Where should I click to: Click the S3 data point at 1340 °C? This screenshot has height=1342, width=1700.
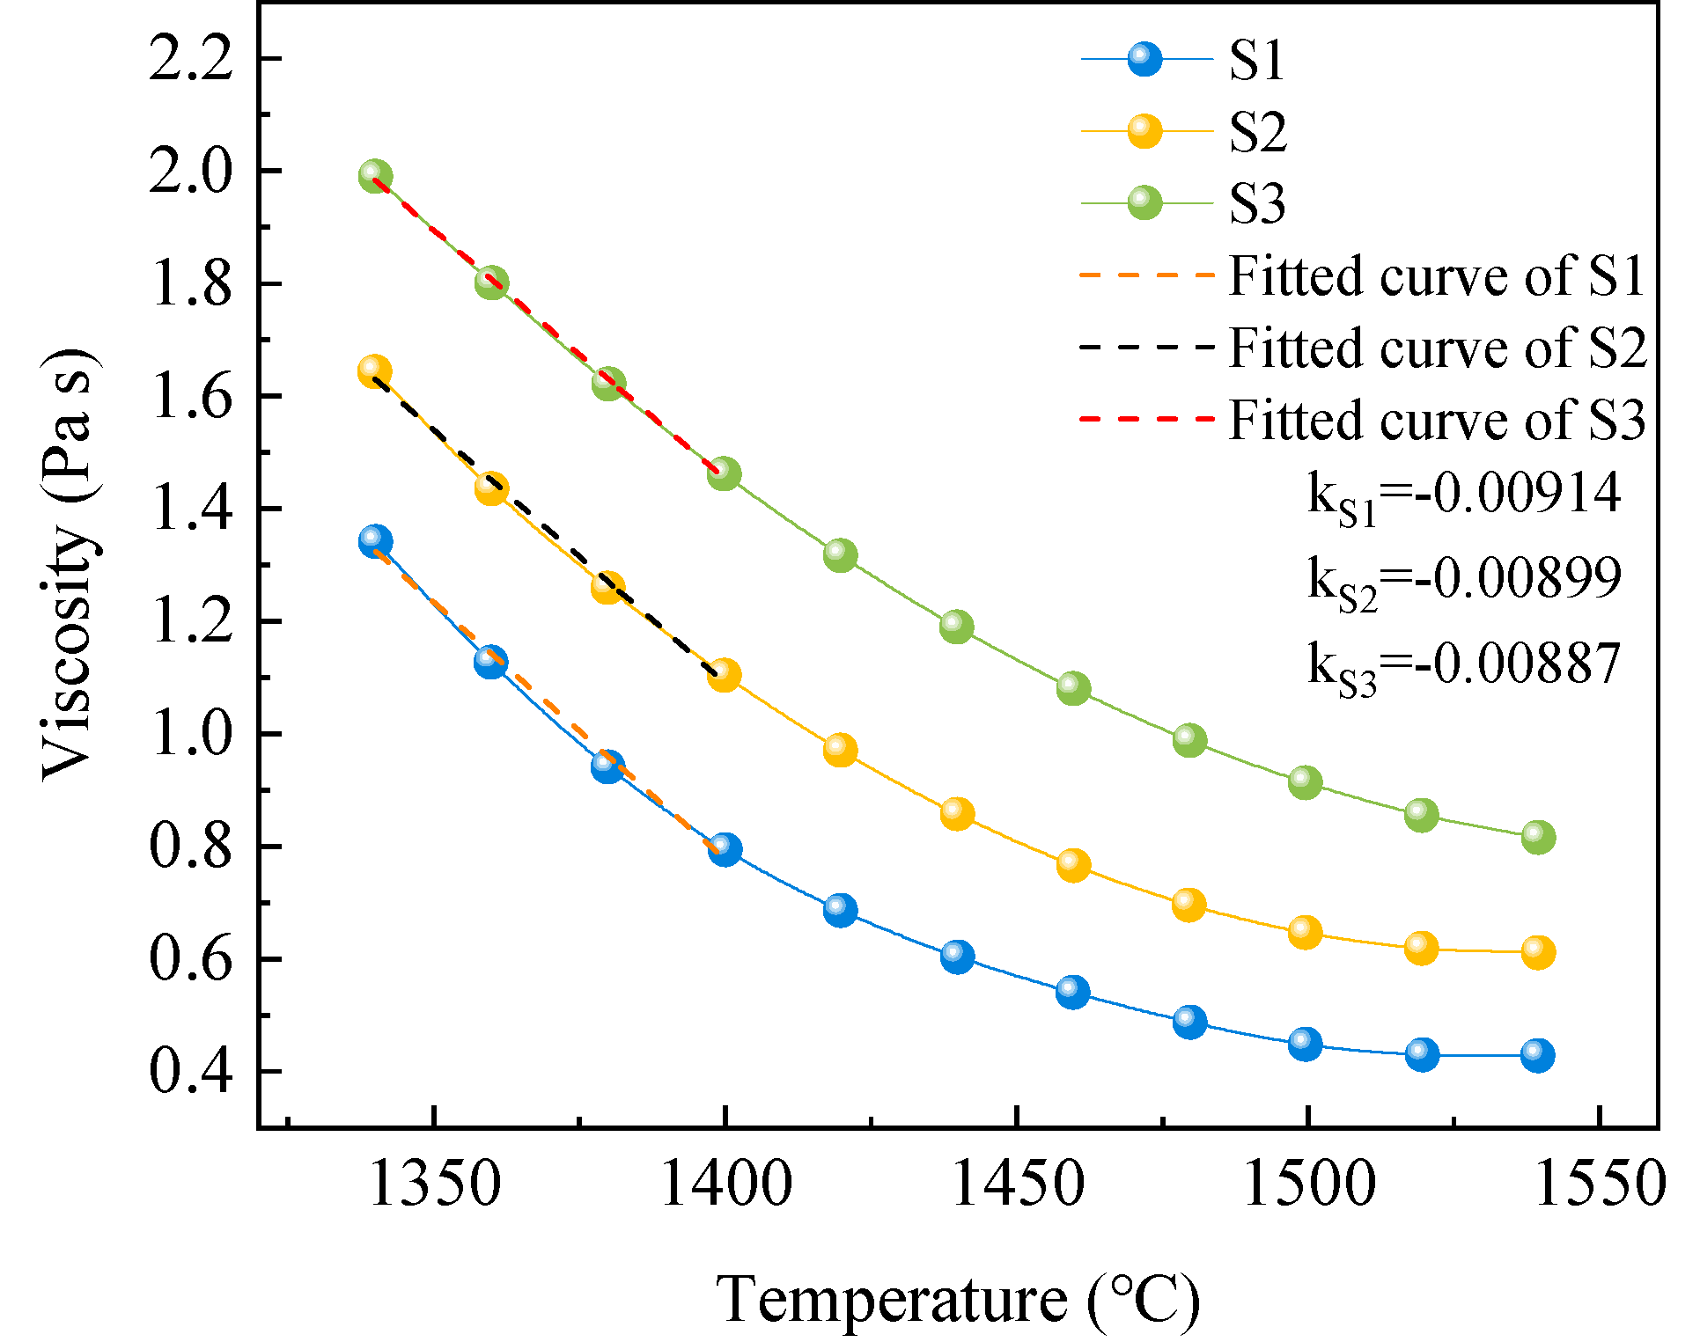tap(375, 175)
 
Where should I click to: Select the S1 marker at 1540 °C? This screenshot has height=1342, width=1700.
tap(1537, 1054)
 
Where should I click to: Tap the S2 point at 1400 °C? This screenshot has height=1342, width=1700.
tap(724, 675)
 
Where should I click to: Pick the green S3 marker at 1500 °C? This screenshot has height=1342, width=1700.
tap(1305, 781)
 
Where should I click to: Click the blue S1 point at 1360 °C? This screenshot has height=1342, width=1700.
tap(491, 661)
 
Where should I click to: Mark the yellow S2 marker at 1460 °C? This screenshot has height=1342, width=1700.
tap(1072, 865)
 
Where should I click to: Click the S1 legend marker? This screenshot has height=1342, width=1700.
tap(1144, 60)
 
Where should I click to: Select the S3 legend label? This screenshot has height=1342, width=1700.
tap(1256, 204)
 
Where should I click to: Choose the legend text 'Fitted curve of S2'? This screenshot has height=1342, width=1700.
tap(1437, 348)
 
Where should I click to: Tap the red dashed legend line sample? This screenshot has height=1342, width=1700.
tap(1146, 420)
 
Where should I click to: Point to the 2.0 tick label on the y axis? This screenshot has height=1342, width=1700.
tap(190, 172)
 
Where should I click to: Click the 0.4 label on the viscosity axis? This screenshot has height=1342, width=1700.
tap(190, 1073)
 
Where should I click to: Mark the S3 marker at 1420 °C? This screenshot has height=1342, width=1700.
tap(840, 555)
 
